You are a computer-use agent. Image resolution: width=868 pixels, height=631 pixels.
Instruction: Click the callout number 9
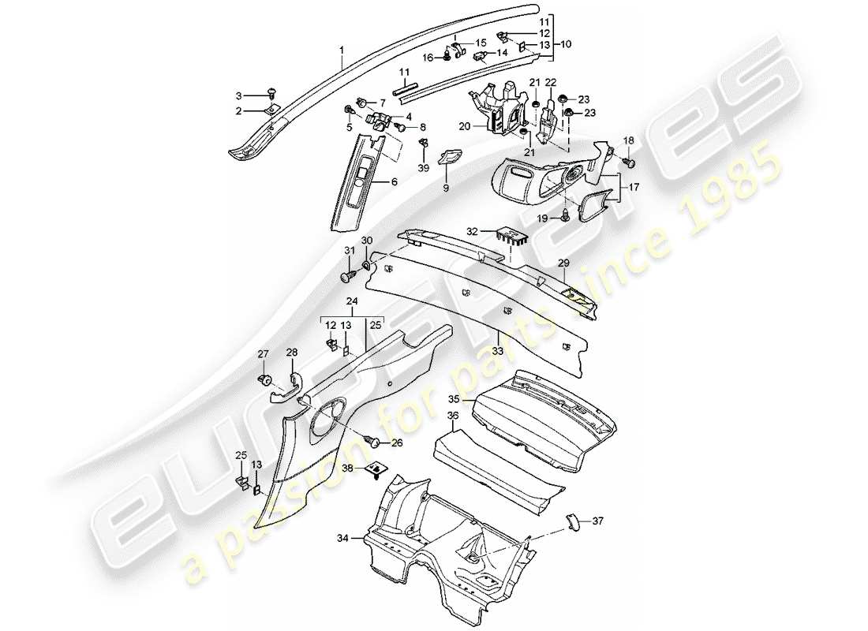coord(447,188)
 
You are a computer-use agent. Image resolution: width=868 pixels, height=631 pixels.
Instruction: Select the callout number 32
coord(473,232)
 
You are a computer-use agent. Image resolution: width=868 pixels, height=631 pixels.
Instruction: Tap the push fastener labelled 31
coord(349,277)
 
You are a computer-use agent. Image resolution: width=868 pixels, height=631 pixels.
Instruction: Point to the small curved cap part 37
coord(572,525)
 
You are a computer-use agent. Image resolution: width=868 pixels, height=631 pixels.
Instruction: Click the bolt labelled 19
coord(566,215)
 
